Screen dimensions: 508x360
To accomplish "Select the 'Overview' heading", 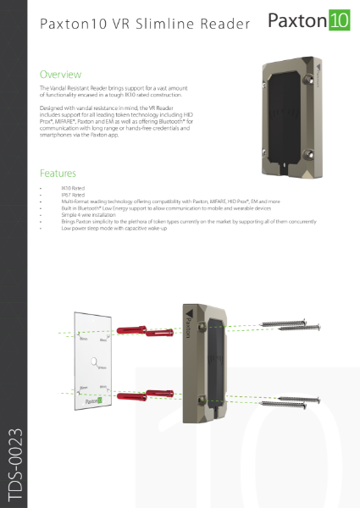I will pyautogui.click(x=61, y=75).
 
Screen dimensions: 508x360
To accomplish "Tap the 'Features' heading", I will pyautogui.click(x=58, y=172).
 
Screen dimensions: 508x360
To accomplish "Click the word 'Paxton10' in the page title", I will pyautogui.click(x=75, y=25).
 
